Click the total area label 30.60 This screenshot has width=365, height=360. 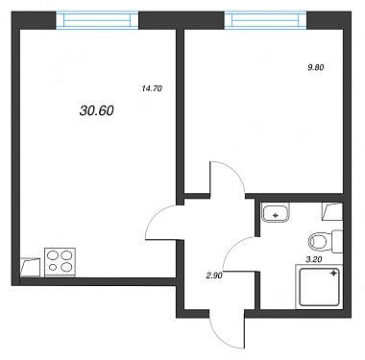[96, 110]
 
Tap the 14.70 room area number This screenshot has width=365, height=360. [152, 89]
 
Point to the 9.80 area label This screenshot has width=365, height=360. [316, 67]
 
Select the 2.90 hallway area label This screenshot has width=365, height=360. [214, 275]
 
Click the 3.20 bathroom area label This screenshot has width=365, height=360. [314, 260]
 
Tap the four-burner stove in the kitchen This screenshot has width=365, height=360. [61, 262]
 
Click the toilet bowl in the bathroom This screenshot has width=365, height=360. [320, 241]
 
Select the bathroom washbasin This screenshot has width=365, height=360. [276, 213]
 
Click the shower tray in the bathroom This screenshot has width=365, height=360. [319, 287]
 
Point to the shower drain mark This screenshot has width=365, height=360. [333, 274]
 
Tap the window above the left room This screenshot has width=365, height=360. [97, 20]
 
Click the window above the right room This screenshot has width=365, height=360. [265, 20]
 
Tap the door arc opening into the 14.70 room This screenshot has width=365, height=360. [157, 213]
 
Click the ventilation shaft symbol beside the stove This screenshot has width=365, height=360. [31, 267]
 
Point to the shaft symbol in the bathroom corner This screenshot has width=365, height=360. [332, 211]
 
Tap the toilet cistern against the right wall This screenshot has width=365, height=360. [337, 241]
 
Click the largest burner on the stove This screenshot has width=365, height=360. [66, 266]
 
